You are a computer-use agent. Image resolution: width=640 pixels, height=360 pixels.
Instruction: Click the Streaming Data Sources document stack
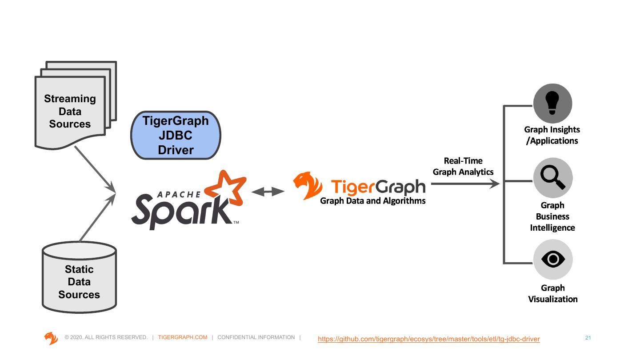pos(70,111)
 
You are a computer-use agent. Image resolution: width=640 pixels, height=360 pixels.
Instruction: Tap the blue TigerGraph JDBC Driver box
pos(176,135)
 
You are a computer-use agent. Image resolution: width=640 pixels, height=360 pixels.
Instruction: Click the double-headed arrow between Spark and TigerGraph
pos(268,192)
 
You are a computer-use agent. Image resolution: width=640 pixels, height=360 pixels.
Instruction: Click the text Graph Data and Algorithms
pos(372,201)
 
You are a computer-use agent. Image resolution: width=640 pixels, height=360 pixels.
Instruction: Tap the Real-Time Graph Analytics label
pos(463,166)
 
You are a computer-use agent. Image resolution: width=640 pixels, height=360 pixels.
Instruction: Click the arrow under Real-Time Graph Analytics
pos(465,183)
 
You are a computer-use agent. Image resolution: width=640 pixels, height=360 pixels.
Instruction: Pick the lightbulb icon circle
pos(552,104)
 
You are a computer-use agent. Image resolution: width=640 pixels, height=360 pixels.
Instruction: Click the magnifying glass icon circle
pos(552,178)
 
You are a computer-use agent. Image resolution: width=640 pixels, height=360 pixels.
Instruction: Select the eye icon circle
pos(552,260)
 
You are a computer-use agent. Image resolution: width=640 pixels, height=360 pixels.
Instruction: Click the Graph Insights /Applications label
pos(552,135)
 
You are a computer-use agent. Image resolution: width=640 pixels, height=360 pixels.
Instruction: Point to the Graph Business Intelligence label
pos(552,216)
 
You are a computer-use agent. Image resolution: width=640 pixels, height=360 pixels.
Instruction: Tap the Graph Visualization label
pos(552,293)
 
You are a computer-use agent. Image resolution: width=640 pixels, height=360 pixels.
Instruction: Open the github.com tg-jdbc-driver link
pos(429,339)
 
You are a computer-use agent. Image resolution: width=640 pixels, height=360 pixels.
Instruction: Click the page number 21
pos(588,338)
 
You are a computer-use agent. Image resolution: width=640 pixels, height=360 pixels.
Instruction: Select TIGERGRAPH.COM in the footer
pos(183,337)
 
